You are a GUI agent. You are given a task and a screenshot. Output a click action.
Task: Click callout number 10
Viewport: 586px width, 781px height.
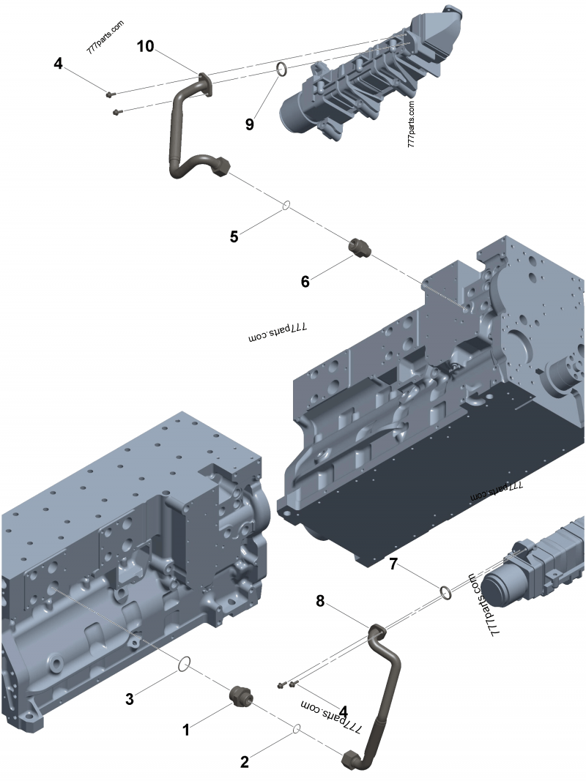[146, 47]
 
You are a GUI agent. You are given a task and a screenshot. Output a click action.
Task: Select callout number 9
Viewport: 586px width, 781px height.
[250, 124]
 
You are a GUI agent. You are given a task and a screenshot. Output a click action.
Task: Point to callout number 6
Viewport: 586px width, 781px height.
[305, 280]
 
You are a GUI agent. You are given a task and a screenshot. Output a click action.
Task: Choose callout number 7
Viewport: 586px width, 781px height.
[393, 564]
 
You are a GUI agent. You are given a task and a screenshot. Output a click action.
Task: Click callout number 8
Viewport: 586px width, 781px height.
[319, 601]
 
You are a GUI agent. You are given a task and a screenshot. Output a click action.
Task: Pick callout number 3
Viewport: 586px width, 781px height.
[130, 698]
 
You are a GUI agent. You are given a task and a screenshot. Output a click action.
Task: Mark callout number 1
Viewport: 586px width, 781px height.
[186, 729]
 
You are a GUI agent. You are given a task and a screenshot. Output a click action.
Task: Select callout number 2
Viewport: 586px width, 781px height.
[245, 762]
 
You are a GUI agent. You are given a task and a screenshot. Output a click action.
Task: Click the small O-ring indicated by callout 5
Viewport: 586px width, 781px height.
[286, 206]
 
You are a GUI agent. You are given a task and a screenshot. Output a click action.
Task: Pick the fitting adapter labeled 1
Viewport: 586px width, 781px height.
[241, 696]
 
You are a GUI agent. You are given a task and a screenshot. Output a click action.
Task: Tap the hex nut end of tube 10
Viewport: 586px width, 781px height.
[221, 168]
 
